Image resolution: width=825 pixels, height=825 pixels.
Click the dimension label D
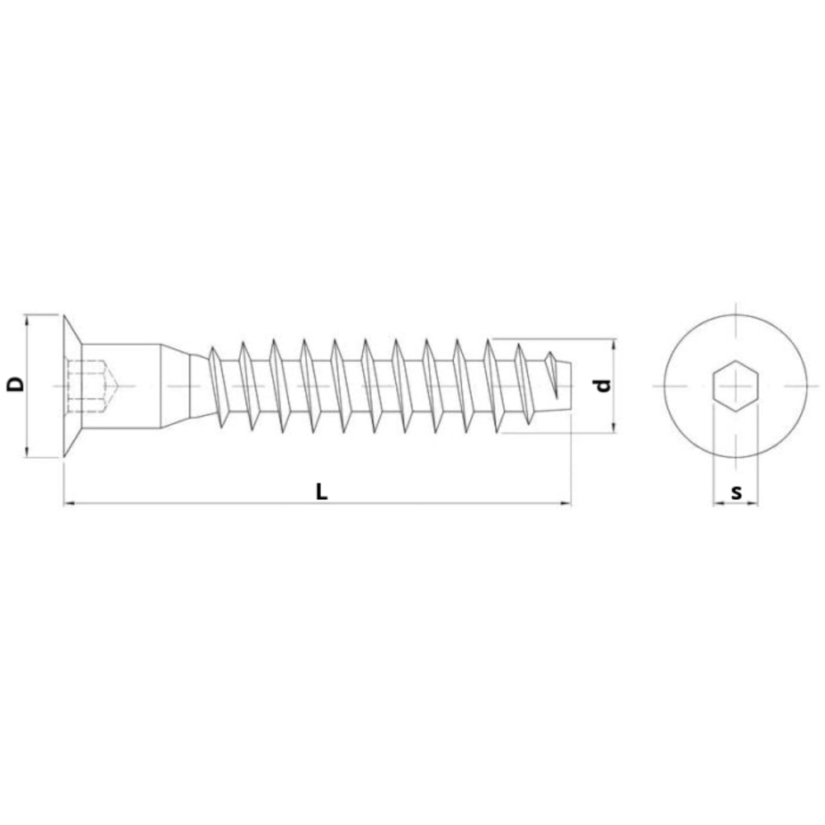[x=15, y=384]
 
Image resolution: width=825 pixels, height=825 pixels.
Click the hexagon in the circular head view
[x=735, y=385]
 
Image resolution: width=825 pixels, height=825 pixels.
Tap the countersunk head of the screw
[x=71, y=384]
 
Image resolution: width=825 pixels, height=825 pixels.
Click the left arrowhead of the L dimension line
[x=68, y=502]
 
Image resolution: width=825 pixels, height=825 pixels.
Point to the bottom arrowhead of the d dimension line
[x=613, y=427]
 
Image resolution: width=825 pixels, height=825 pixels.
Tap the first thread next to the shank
[x=218, y=385]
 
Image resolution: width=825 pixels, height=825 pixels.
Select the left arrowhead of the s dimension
[x=717, y=502]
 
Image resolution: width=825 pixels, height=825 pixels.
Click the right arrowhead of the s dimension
[x=753, y=502]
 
